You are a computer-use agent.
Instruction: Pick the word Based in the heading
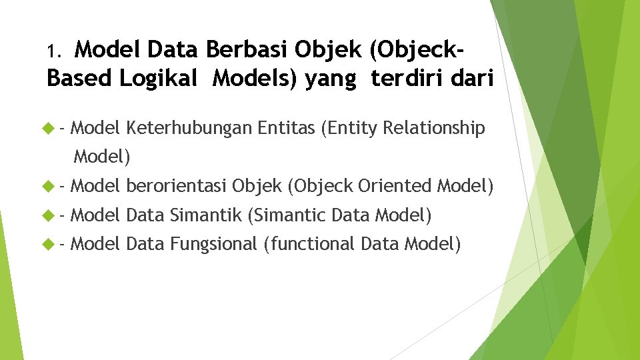80,78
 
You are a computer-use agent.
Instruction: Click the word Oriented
395,185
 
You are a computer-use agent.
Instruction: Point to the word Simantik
206,215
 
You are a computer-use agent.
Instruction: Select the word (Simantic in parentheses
286,215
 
